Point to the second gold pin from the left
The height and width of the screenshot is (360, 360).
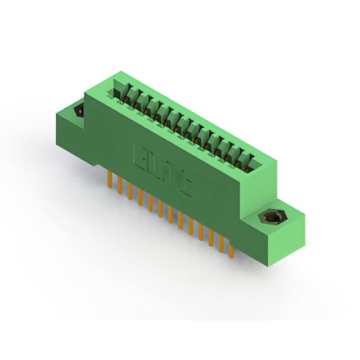(x=119, y=186)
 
